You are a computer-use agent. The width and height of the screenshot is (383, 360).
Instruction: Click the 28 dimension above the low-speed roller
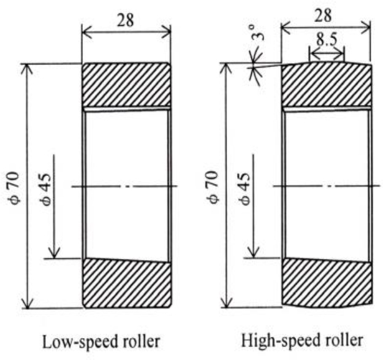(x=126, y=21)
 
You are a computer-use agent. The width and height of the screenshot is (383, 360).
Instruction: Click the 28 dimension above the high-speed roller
(x=325, y=15)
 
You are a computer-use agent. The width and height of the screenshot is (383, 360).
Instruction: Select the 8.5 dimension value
(x=327, y=41)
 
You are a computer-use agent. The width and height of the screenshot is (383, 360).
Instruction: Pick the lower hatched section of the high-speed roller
(x=326, y=283)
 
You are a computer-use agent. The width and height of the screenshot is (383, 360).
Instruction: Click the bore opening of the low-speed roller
(x=126, y=184)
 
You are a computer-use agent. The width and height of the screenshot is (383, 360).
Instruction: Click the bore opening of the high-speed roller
(x=326, y=184)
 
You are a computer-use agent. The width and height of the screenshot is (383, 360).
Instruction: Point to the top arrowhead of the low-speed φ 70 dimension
(x=26, y=66)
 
